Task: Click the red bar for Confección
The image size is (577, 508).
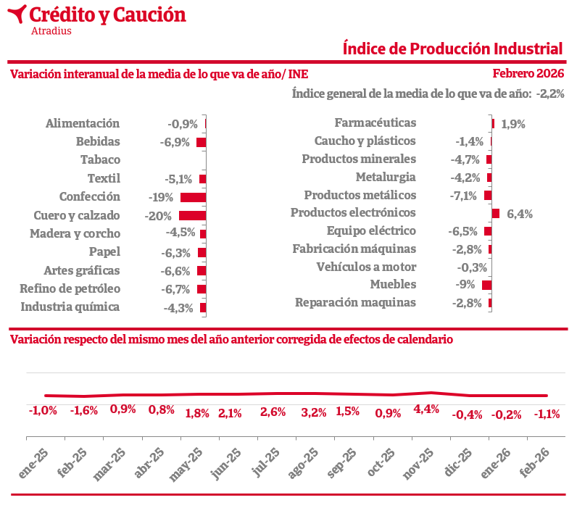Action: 193,197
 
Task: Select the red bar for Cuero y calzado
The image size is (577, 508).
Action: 192,215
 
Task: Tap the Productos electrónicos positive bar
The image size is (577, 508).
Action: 496,213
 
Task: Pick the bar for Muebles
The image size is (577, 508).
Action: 487,285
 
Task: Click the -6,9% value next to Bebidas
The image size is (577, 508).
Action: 175,142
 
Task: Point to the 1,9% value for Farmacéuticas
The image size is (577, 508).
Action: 512,124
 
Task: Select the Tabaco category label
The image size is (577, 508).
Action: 100,159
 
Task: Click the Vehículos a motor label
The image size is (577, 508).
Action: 366,267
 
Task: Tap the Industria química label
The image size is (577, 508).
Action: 70,307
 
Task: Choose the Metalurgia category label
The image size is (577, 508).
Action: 386,177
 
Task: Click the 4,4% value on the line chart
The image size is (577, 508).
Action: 426,409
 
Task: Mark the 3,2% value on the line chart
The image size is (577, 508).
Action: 314,413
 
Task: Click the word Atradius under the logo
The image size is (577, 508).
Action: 51,30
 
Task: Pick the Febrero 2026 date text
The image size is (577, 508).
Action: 528,73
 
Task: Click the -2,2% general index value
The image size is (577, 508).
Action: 550,93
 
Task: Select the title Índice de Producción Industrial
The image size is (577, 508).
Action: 452,49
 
